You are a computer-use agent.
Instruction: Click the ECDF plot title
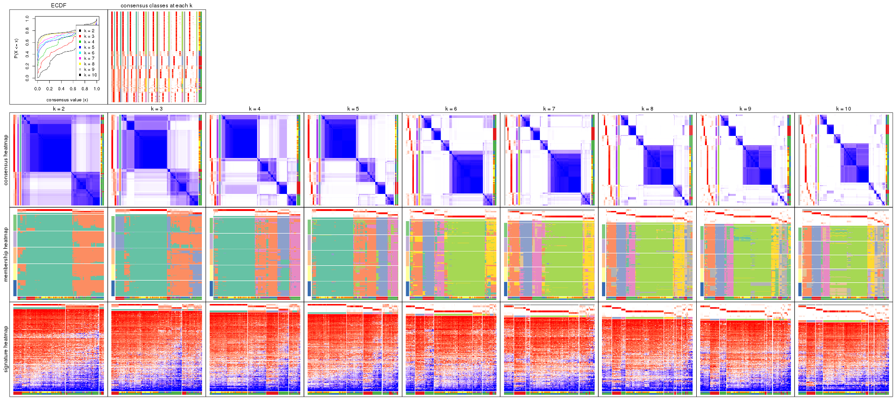[59, 6]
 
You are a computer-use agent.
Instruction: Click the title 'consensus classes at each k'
[156, 6]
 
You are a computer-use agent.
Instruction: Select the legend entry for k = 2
[89, 31]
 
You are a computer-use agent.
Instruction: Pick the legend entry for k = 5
[89, 47]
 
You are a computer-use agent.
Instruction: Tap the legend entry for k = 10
[90, 75]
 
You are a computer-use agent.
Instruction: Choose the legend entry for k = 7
[89, 59]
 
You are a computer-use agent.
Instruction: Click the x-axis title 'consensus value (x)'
[67, 99]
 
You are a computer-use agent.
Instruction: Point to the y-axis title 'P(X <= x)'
[16, 48]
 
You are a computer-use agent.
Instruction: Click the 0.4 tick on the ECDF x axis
[61, 89]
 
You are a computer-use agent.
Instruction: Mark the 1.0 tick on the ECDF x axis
[97, 89]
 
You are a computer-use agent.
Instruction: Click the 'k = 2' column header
[58, 109]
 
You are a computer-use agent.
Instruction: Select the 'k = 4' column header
[255, 109]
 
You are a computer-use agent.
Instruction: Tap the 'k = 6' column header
[451, 109]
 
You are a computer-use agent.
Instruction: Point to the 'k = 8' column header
[648, 109]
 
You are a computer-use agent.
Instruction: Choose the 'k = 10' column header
[843, 109]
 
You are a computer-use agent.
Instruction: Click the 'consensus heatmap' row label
[6, 160]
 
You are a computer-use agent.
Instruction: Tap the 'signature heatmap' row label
[6, 349]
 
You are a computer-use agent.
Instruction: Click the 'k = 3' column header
[157, 109]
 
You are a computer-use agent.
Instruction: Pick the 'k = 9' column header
[745, 109]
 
